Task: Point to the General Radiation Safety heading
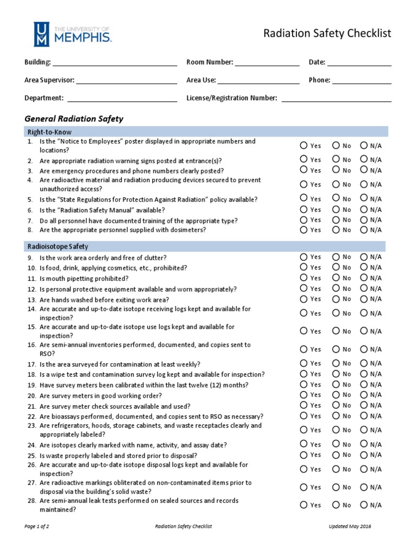pos(74,119)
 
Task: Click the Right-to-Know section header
pos(49,132)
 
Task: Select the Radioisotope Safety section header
pos(58,246)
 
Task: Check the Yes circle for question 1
pos(304,145)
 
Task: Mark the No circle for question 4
pos(336,184)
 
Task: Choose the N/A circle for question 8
pos(364,230)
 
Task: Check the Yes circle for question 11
pos(304,278)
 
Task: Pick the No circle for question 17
pos(336,363)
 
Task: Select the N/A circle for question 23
pos(364,430)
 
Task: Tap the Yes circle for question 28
pos(304,505)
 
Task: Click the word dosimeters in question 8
pos(187,230)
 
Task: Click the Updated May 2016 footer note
pos(350,526)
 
